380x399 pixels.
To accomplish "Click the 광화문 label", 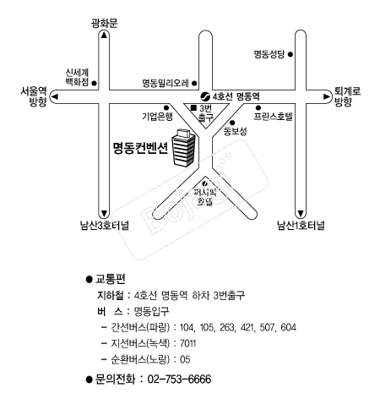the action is (x=104, y=23).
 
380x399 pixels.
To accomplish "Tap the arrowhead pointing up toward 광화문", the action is (x=104, y=35).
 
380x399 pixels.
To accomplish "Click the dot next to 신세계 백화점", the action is (x=95, y=84).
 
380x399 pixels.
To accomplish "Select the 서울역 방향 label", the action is (x=33, y=96).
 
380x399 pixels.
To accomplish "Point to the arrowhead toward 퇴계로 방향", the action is (x=327, y=96).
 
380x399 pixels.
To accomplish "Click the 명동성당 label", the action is (x=269, y=54).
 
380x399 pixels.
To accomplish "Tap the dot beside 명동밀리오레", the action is (x=194, y=83).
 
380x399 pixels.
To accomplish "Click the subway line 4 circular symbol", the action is (x=205, y=96).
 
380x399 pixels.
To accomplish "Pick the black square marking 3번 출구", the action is (x=193, y=107).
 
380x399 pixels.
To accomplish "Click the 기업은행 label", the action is (x=157, y=116).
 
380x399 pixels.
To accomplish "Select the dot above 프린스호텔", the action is (x=258, y=107).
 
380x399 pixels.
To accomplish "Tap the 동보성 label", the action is (x=236, y=131).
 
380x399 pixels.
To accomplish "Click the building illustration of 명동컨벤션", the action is (x=183, y=147).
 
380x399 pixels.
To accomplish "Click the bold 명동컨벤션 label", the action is (x=140, y=147).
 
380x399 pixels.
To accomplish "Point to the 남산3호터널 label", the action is (x=105, y=226).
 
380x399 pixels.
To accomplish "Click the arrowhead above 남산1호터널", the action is (x=301, y=213).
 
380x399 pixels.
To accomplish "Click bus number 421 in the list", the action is (x=247, y=327).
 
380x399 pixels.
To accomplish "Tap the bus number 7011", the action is (x=187, y=343).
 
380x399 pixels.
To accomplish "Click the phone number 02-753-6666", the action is (x=179, y=379).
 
